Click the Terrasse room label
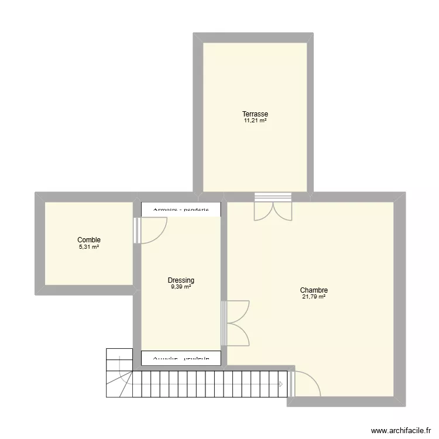coord(255,114)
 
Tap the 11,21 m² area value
coord(255,121)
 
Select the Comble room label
coord(89,240)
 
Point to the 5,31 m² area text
coord(89,247)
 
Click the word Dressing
coord(181,280)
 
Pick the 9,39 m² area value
coord(181,287)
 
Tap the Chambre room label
coord(314,290)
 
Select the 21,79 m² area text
coord(314,297)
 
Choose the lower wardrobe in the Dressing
coord(181,358)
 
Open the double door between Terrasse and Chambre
coord(273,211)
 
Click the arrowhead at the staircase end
coord(282,385)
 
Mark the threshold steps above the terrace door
coord(273,197)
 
